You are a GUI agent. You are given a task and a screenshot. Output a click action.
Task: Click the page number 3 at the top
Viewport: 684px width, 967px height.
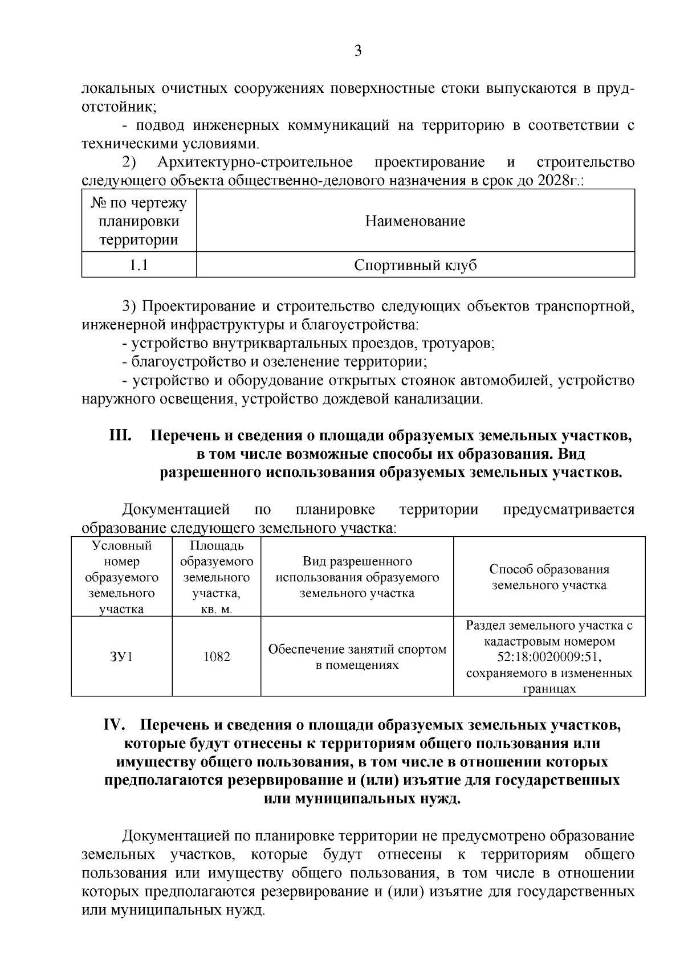[x=358, y=51]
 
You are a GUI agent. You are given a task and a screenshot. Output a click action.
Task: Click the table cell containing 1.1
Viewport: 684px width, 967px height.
[x=139, y=265]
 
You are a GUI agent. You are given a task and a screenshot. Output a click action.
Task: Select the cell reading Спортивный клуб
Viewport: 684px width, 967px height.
[x=415, y=265]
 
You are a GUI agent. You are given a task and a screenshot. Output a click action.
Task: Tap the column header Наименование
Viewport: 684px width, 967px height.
[x=415, y=221]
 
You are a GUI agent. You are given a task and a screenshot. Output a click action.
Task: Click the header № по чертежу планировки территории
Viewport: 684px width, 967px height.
[x=139, y=221]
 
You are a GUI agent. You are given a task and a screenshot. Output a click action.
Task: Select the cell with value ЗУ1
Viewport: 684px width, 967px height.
[x=121, y=656]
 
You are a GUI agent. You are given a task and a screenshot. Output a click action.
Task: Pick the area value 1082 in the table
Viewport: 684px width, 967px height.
[x=217, y=656]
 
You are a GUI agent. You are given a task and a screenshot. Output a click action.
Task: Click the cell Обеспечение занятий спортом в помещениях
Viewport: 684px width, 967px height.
[x=357, y=656]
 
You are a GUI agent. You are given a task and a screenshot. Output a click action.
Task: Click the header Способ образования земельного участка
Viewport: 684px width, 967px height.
[x=549, y=577]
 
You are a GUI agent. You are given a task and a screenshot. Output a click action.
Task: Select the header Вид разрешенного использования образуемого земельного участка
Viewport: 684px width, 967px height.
[x=357, y=577]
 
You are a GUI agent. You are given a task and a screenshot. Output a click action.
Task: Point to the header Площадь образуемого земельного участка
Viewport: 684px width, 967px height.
[x=217, y=577]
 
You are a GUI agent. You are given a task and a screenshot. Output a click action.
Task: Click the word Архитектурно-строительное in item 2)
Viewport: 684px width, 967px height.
[x=255, y=162]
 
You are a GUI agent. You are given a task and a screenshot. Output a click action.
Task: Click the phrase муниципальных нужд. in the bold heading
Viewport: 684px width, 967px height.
[x=362, y=798]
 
